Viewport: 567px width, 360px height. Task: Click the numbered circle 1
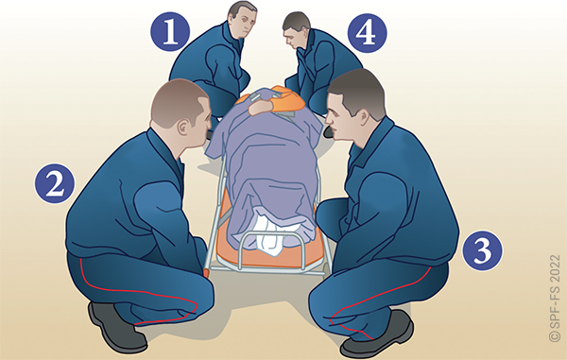[x=170, y=32]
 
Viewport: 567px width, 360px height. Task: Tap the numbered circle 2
[x=55, y=183]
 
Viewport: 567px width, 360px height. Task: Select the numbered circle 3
[x=482, y=250]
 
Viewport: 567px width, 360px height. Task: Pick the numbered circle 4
[x=367, y=33]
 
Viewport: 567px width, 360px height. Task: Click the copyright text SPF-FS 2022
[x=555, y=299]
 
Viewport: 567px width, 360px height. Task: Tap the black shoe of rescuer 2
[x=116, y=328]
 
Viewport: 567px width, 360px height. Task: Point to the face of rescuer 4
[x=293, y=39]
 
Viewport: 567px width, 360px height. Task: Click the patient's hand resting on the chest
[x=261, y=108]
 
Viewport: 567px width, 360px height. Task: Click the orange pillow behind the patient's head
[x=288, y=97]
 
